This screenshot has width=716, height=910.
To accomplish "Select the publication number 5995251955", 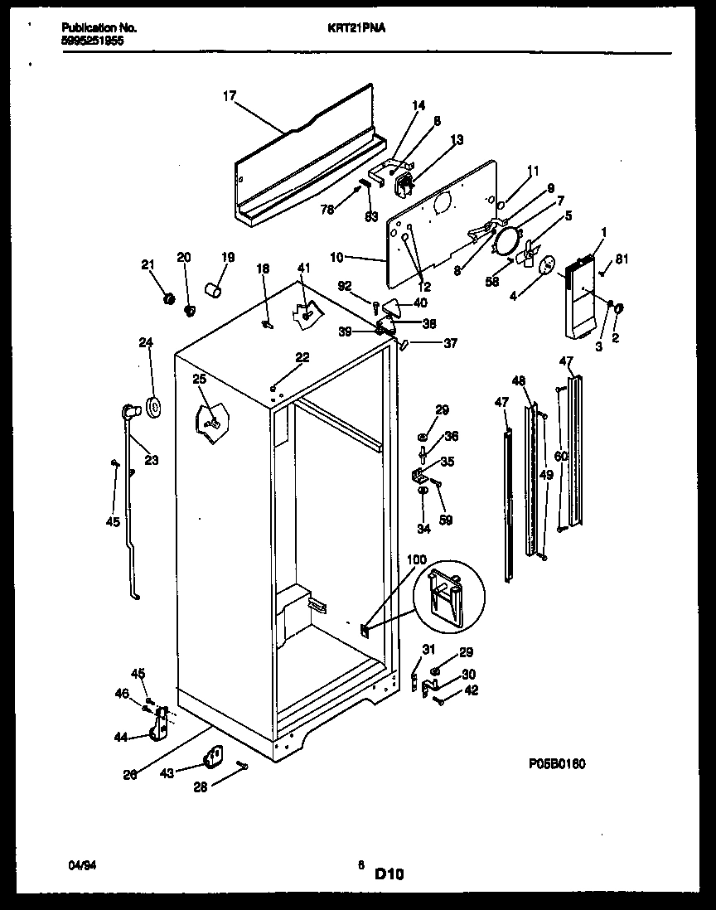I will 93,39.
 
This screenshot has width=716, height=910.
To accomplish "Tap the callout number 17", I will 230,96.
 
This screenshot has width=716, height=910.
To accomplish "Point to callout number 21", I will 148,264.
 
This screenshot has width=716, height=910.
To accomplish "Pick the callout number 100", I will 417,560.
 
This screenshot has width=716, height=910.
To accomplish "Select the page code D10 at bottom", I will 389,873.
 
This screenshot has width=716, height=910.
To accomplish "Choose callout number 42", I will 471,690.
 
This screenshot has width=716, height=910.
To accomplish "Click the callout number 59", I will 446,520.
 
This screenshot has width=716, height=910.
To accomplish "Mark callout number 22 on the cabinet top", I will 302,357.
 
